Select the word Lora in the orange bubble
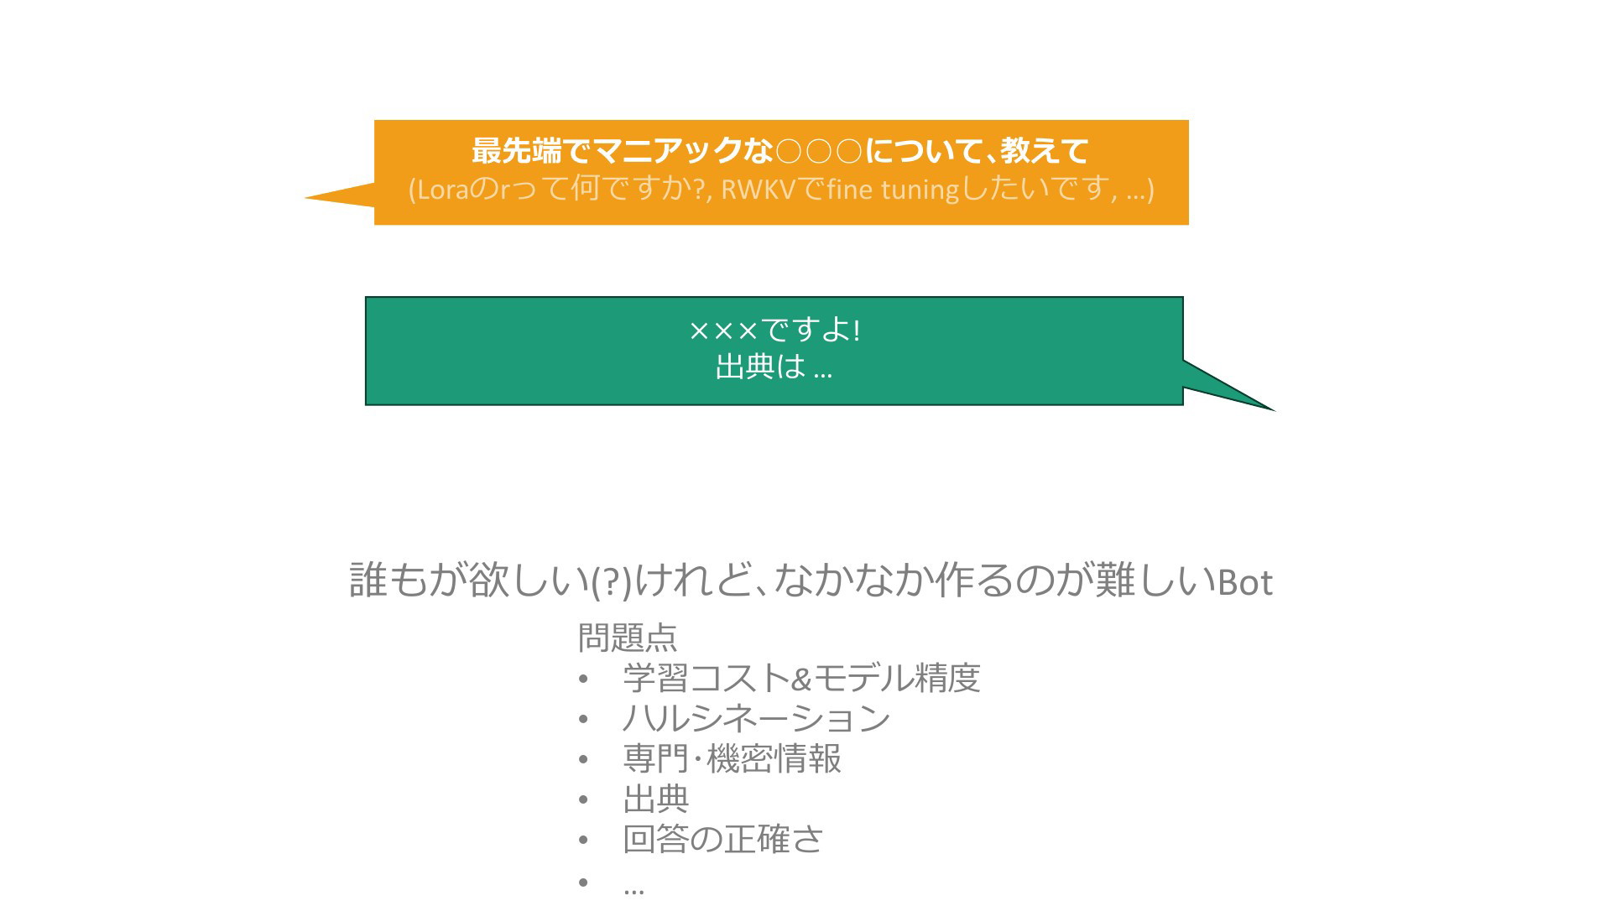(442, 190)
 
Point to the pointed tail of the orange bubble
(305, 198)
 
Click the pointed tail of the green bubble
(1274, 410)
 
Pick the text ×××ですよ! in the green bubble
(774, 330)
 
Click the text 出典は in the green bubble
(760, 367)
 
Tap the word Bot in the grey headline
(1245, 582)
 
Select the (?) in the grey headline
(611, 582)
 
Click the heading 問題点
(628, 638)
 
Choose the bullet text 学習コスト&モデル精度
(801, 678)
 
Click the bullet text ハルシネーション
(756, 718)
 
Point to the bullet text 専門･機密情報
(732, 758)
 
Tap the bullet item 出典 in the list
(656, 799)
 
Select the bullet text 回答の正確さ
(723, 839)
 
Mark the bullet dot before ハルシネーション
(583, 719)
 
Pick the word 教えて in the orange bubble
(1045, 151)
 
